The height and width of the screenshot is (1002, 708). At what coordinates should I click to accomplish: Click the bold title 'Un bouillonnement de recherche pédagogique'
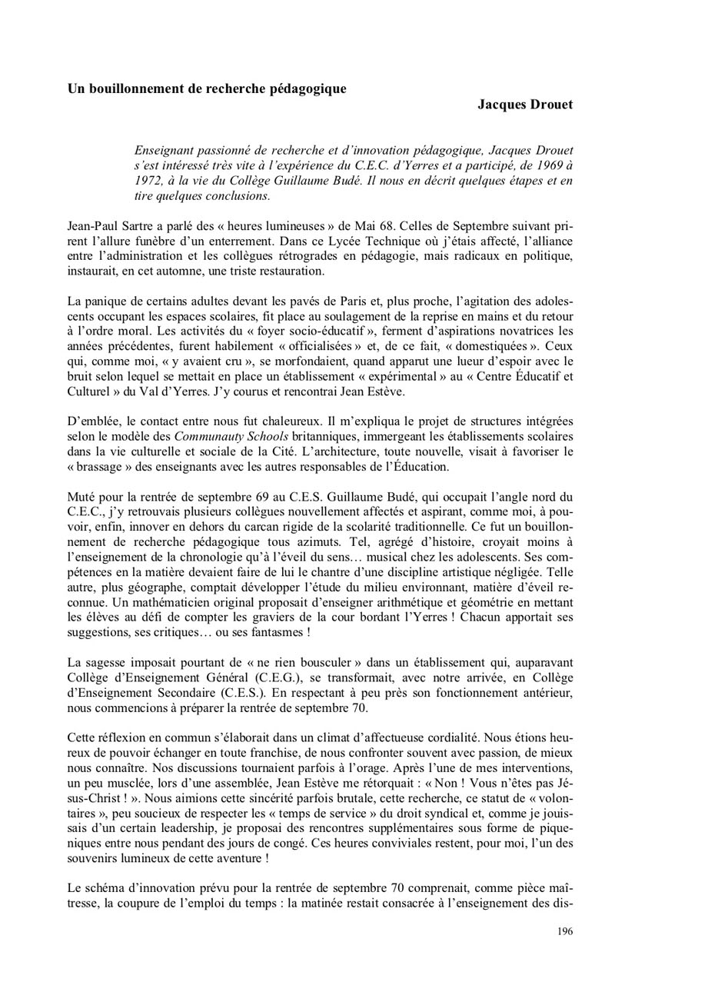click(x=207, y=88)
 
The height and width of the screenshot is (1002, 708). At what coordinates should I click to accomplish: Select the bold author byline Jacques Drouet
click(x=525, y=104)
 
